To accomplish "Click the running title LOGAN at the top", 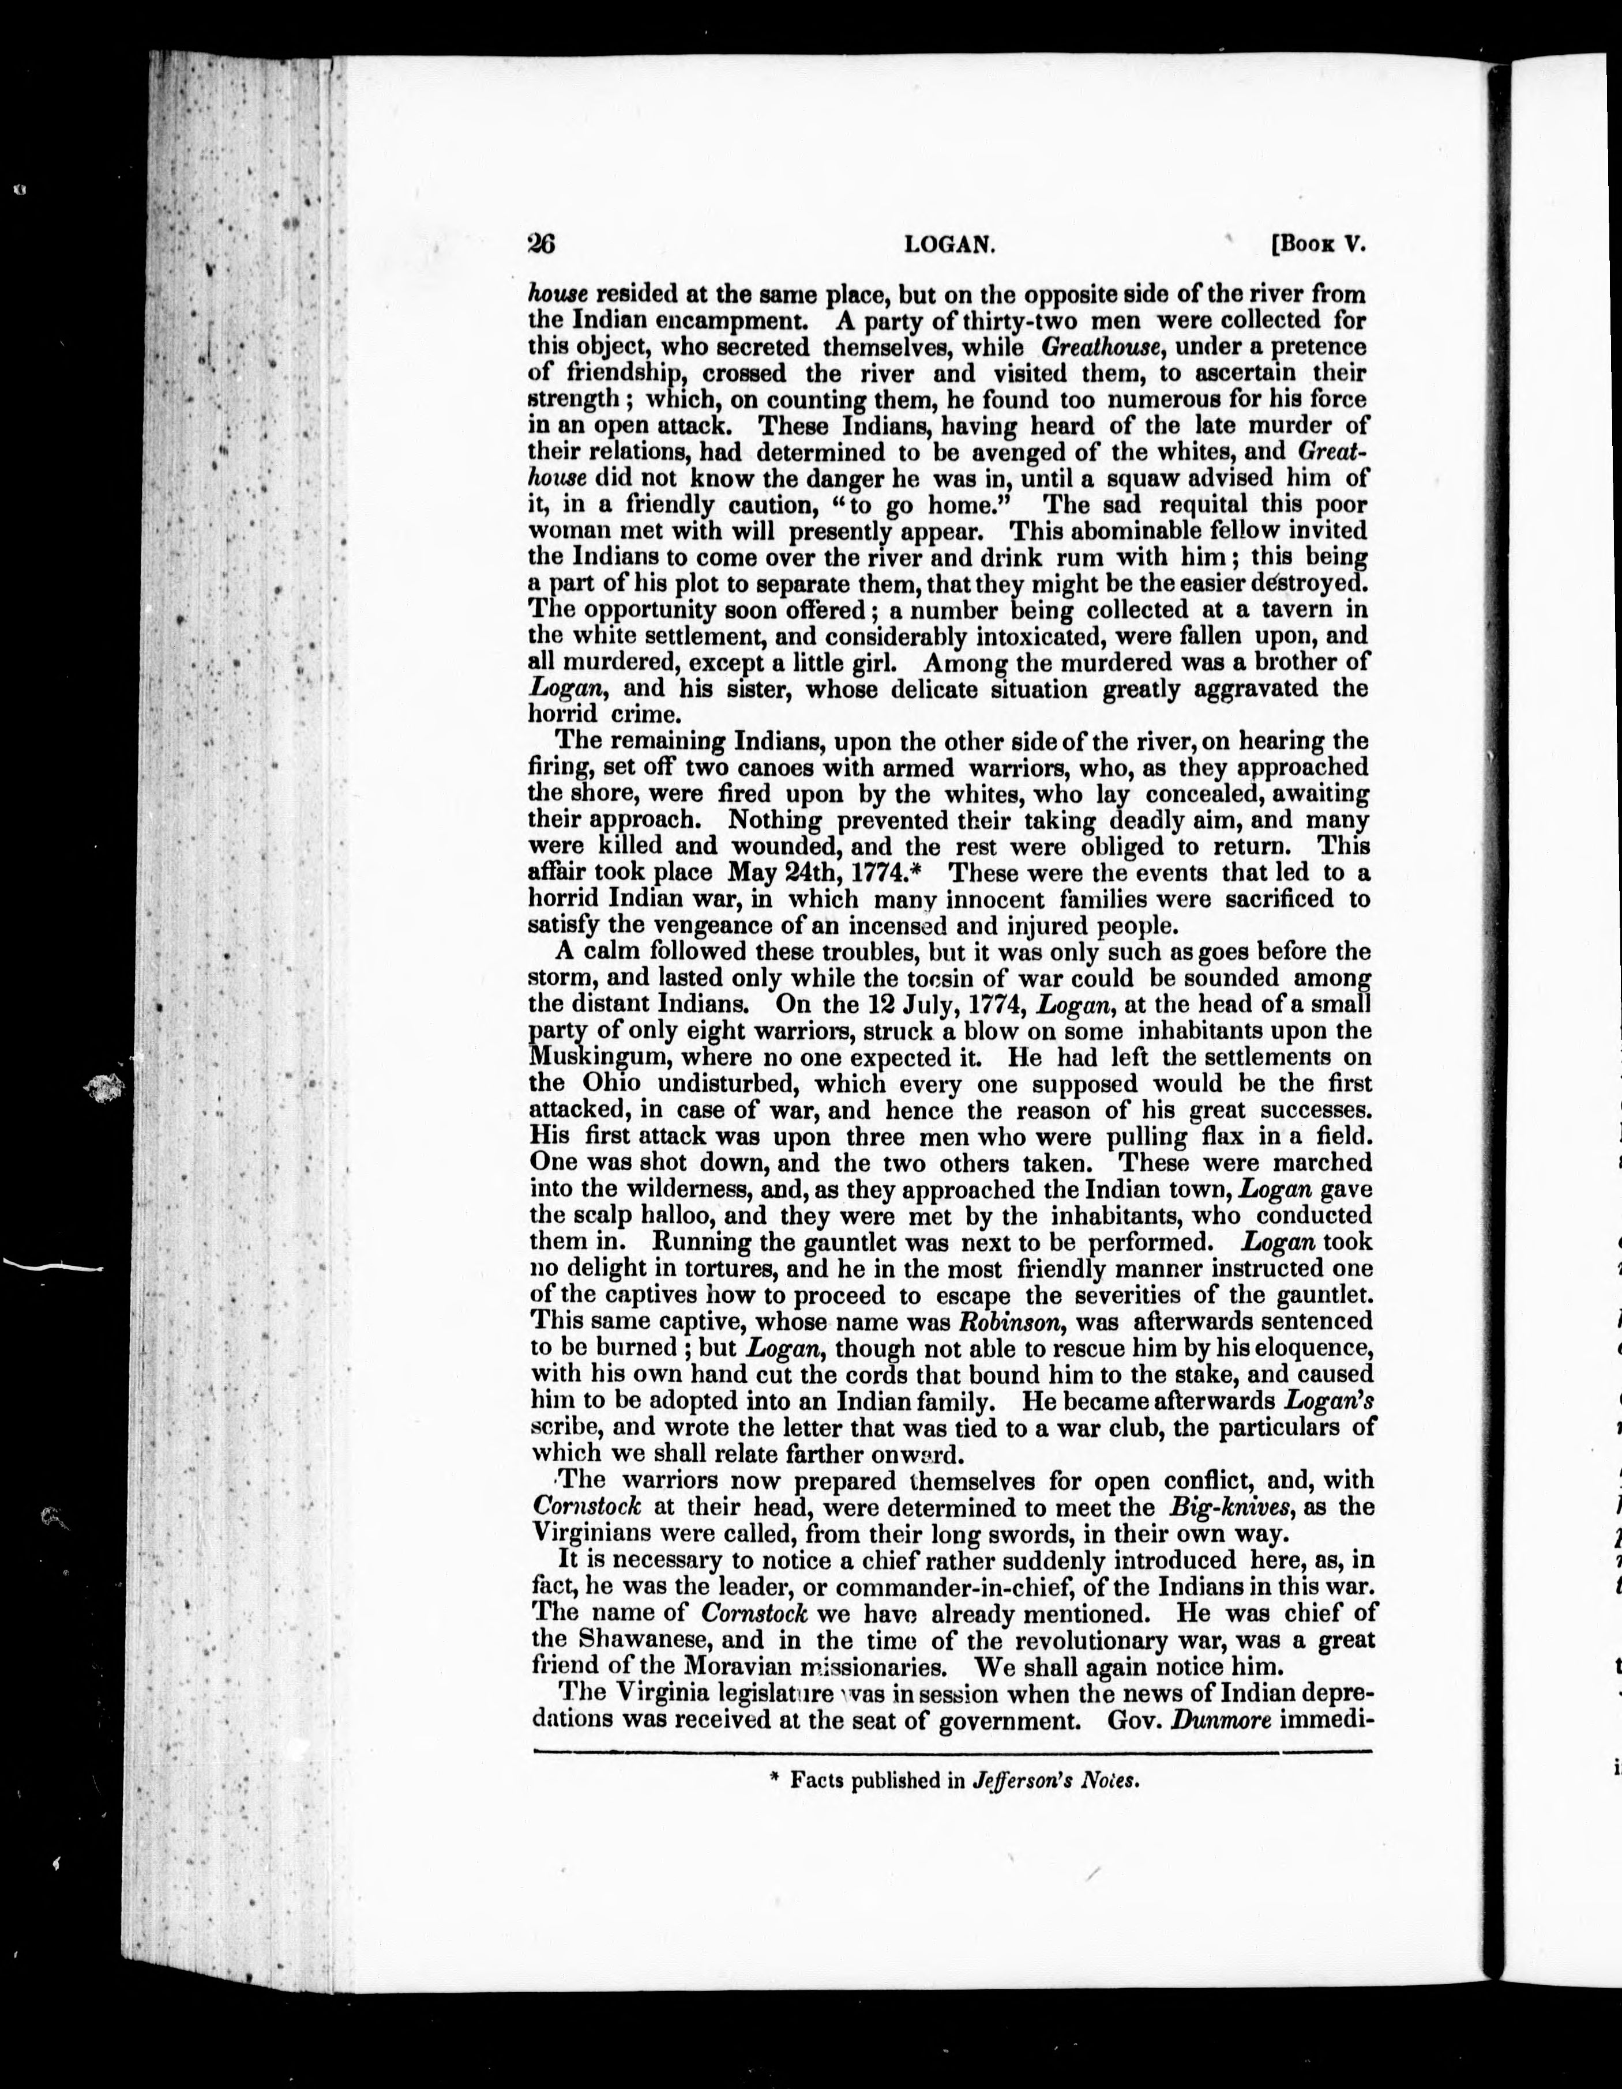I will tap(950, 245).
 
